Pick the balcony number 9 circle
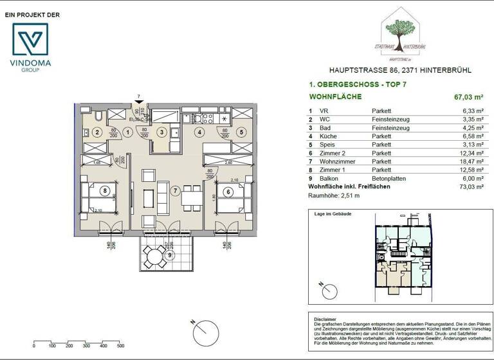(x=170, y=255)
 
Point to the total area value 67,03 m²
(x=469, y=98)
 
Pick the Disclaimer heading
(x=325, y=319)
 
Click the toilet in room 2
(x=96, y=117)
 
